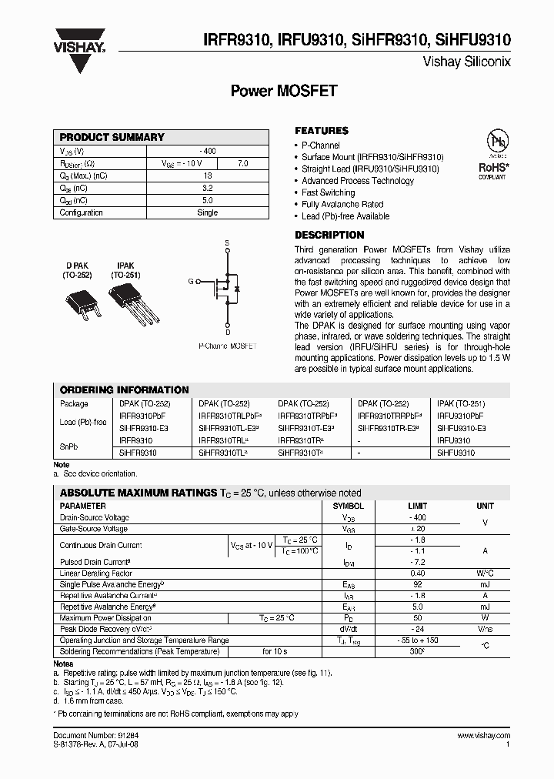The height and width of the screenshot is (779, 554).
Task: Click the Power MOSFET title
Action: (x=284, y=90)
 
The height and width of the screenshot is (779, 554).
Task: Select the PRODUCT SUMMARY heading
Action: (x=112, y=137)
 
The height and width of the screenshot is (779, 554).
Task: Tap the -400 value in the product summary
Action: (x=207, y=151)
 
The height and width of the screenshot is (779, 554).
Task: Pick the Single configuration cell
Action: (x=207, y=212)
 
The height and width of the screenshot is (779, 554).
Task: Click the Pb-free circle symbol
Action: (x=492, y=142)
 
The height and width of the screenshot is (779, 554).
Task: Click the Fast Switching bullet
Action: (x=328, y=192)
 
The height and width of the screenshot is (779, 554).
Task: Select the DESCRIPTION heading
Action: (x=329, y=235)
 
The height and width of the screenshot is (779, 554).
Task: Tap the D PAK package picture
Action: (x=79, y=301)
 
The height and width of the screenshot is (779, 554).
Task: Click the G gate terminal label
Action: (x=189, y=282)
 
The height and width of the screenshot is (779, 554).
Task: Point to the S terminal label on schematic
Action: (x=227, y=243)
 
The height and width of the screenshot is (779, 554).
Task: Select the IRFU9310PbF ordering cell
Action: (x=460, y=416)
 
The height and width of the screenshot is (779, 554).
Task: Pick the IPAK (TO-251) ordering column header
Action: (x=461, y=403)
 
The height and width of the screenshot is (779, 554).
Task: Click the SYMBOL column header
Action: (x=348, y=506)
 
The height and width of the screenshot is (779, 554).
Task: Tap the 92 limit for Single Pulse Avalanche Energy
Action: (x=417, y=584)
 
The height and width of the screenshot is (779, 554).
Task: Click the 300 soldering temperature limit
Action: (x=417, y=652)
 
